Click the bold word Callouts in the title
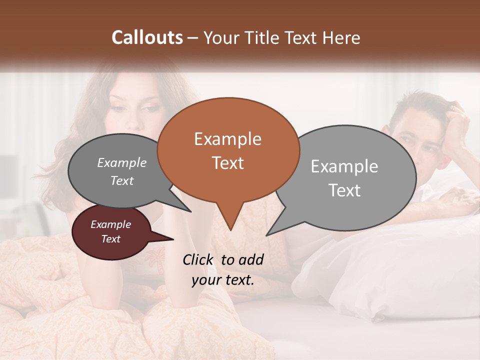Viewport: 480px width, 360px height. coord(147,37)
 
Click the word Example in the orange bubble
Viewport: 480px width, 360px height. coord(227,139)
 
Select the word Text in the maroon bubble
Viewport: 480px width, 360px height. coord(111,239)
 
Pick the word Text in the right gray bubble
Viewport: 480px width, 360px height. coord(344,190)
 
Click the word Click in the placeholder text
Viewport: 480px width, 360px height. coord(198,259)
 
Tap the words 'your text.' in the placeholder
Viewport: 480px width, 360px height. coord(223,280)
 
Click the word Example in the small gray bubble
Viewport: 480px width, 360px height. coord(121,162)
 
